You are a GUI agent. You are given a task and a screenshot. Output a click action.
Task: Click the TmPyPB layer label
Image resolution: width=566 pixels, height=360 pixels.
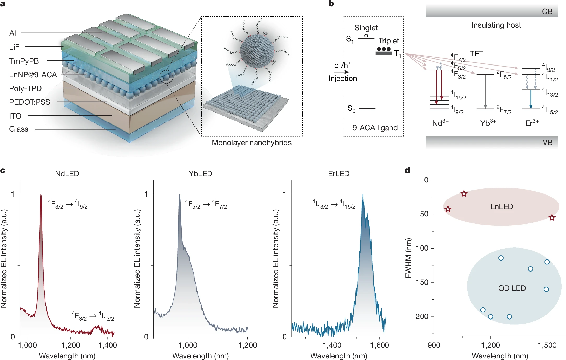(x=24, y=61)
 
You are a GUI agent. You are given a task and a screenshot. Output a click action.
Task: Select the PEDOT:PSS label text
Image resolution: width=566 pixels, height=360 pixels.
(x=30, y=102)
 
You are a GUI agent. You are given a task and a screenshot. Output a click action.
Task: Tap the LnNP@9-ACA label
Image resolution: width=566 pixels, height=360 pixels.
(x=33, y=75)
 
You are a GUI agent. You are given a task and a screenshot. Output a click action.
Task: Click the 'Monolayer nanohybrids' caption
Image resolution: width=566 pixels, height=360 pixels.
(x=251, y=143)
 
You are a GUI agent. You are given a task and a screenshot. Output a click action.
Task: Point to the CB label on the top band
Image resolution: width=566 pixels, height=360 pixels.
(x=547, y=12)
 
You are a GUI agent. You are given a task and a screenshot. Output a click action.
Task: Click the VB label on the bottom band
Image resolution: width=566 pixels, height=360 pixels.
(x=547, y=143)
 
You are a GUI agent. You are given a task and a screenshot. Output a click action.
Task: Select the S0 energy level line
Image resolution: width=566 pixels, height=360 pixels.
(x=367, y=109)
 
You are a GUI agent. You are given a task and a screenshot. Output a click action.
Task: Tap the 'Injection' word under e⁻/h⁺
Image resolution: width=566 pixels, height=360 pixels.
(x=343, y=79)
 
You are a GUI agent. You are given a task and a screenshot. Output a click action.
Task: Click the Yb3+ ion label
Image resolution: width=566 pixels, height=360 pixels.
(x=488, y=123)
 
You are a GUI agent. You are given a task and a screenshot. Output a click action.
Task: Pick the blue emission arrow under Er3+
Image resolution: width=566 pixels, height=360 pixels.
(x=531, y=99)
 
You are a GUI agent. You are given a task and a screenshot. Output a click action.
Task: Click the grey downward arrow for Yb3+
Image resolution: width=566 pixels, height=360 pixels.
(x=485, y=91)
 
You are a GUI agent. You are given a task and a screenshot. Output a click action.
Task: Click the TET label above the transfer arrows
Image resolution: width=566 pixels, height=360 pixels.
(x=476, y=54)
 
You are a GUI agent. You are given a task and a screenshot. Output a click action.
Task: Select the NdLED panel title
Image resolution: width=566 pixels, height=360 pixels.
(x=67, y=174)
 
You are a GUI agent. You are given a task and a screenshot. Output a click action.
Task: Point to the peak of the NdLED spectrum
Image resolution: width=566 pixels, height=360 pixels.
(x=41, y=195)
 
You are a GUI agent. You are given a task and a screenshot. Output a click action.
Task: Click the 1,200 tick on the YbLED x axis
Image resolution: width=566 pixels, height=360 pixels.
(x=247, y=345)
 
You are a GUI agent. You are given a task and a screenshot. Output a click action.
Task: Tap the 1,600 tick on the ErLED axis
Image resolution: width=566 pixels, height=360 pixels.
(x=379, y=345)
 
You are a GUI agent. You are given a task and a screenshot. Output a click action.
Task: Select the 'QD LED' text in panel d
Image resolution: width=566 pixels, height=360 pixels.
(x=512, y=288)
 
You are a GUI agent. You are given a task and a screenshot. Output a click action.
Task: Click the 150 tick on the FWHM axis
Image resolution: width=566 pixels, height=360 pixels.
(x=422, y=282)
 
